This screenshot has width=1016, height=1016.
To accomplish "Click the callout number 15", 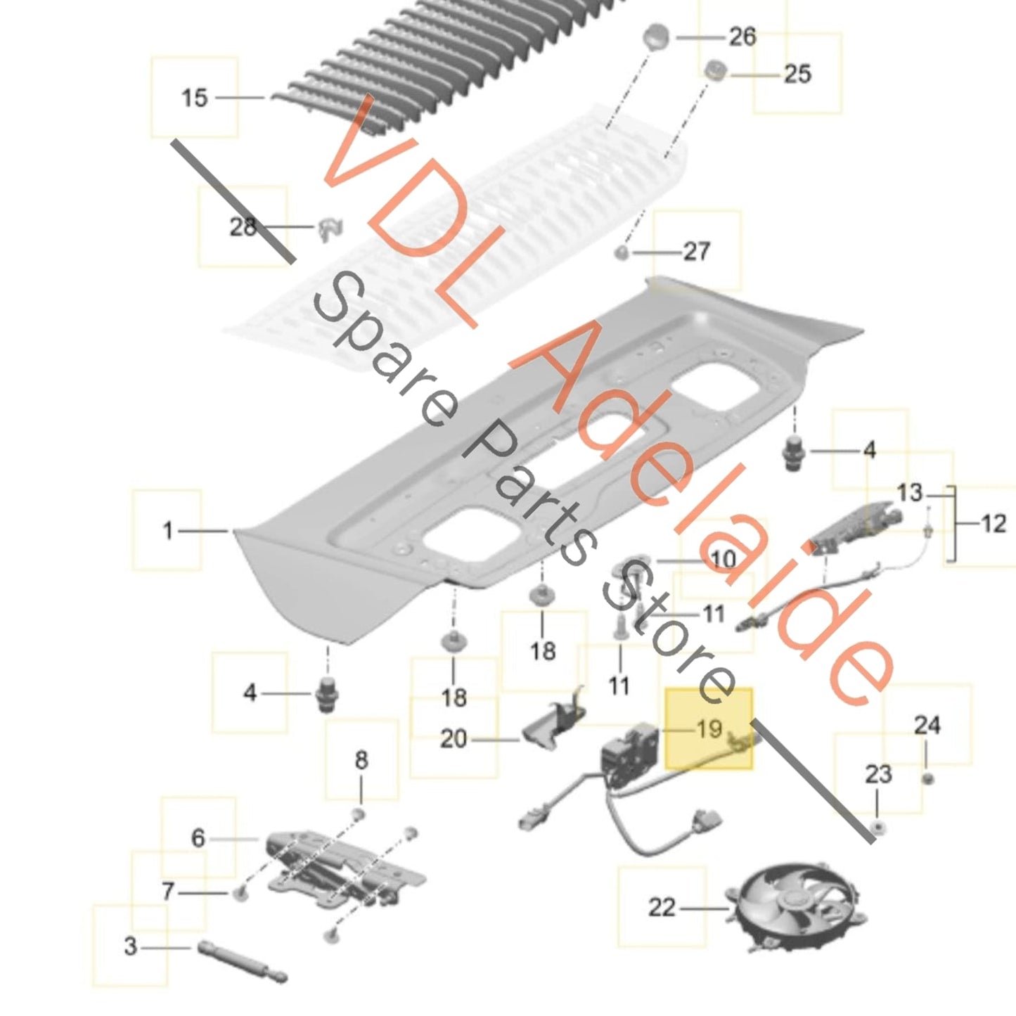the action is [x=195, y=98].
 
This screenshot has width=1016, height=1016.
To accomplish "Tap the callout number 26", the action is [x=742, y=37].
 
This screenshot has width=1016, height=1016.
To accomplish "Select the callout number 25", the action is [x=797, y=75].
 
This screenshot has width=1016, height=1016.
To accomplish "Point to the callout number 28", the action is [x=243, y=227].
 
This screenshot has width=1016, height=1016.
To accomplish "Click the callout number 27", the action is [x=697, y=252].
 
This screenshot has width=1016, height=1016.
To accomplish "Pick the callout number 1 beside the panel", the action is [x=167, y=530].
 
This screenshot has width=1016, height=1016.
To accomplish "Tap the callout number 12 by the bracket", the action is [x=994, y=524].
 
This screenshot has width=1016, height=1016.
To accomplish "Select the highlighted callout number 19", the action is [x=709, y=729].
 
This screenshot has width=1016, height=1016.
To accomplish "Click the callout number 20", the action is [x=454, y=739].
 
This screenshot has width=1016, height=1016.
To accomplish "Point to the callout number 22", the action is [x=662, y=908].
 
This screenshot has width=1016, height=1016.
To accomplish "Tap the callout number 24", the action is [x=927, y=726].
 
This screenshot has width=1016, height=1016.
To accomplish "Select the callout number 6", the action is [x=198, y=838].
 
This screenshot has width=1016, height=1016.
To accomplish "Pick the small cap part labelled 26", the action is [x=656, y=38].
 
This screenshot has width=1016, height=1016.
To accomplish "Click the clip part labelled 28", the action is [x=331, y=231].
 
